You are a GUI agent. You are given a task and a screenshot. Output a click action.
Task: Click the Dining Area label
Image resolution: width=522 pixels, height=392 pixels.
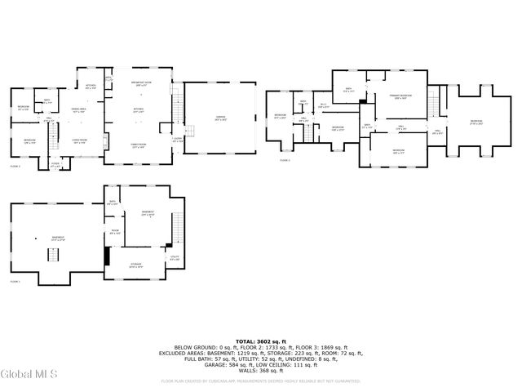coord(78,109)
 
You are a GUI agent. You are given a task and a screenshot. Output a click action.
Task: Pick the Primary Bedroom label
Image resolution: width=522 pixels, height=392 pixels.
coord(398,97)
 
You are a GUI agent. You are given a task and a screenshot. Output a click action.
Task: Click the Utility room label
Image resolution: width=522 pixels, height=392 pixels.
coord(175,260)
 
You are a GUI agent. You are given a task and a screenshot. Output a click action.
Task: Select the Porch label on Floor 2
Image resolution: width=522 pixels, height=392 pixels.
coord(55,165)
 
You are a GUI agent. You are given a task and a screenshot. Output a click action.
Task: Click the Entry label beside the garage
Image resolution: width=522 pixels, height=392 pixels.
coord(177,139)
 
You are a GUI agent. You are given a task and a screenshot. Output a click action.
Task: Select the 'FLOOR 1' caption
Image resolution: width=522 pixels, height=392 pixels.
coord(15,281)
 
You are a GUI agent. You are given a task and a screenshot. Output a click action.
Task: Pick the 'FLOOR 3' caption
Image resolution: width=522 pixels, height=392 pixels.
coord(285,161)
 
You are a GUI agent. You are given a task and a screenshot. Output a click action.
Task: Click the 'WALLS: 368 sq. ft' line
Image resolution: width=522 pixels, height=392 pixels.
coord(260,370)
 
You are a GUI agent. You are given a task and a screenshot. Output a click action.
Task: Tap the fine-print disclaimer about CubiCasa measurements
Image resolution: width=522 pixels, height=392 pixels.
coord(260,381)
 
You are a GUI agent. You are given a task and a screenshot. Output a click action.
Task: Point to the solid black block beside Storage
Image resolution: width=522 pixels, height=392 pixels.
coord(107,255)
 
